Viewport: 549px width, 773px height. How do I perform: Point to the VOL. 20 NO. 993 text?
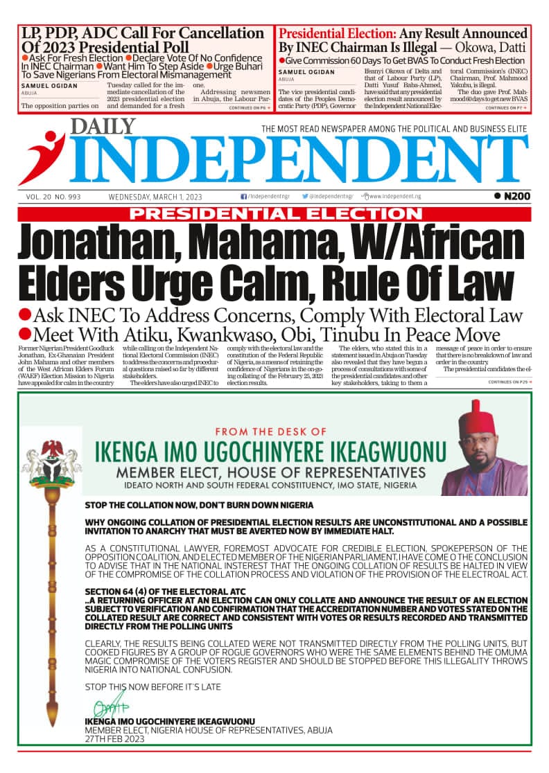53,197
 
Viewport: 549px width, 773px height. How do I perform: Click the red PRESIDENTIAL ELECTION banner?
274,214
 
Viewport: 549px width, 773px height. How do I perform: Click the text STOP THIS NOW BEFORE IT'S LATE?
153,686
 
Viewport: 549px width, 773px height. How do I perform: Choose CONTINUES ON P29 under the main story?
509,382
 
